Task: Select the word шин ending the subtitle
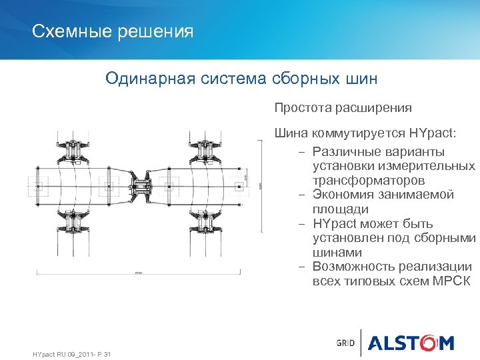click(x=361, y=79)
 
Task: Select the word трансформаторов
click(x=369, y=181)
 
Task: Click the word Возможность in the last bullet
click(x=352, y=267)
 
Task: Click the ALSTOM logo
click(x=411, y=343)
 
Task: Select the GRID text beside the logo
click(x=345, y=344)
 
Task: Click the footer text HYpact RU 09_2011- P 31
click(x=71, y=353)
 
